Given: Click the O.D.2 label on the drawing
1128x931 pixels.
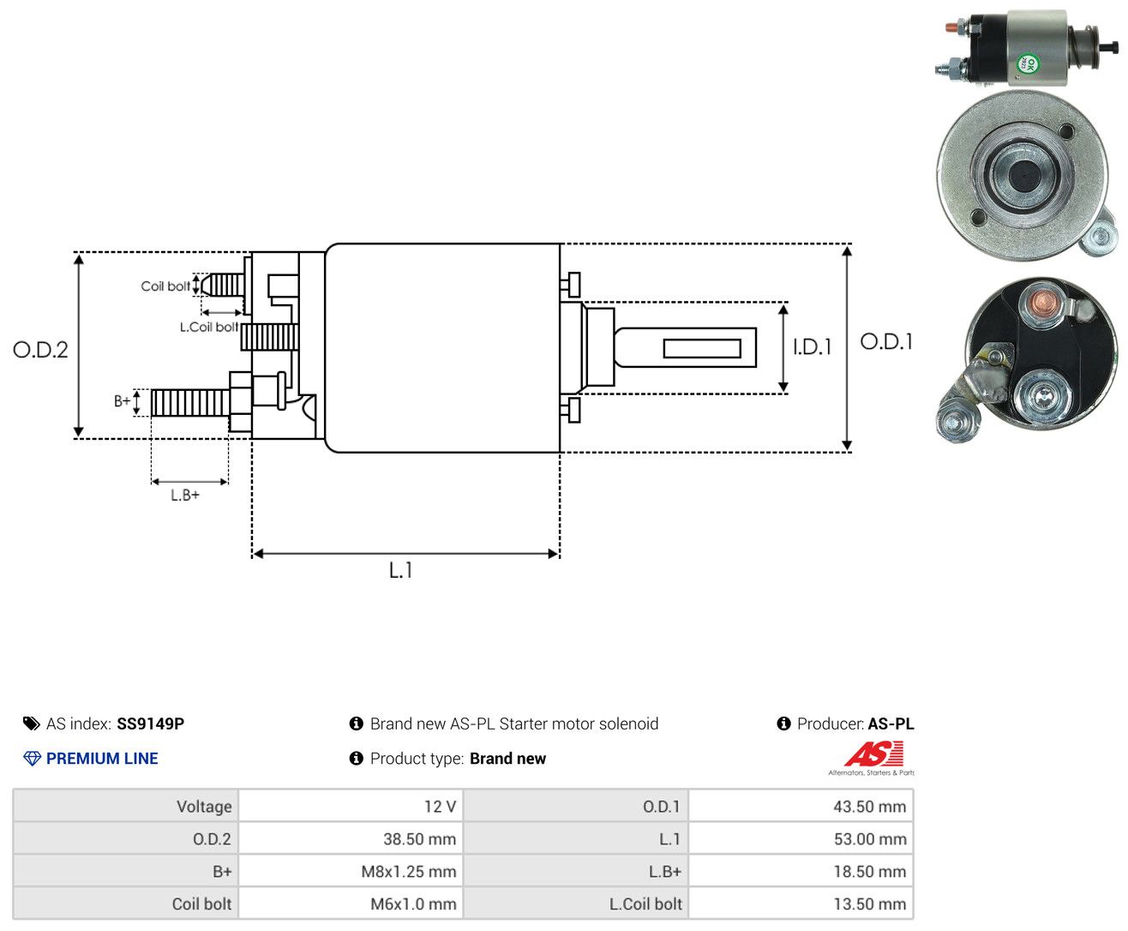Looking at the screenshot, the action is [40, 350].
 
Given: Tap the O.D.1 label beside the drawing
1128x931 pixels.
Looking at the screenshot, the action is [886, 341].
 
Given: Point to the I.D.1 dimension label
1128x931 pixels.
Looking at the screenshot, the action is [812, 347].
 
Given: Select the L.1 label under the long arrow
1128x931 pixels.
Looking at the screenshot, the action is [400, 570].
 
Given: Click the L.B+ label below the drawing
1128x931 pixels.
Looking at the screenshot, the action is [185, 495].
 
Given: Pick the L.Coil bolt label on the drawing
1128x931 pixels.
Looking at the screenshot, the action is [208, 327].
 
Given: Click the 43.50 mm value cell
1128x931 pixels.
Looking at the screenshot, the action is [801, 806].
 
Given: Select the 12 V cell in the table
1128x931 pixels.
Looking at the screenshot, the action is [351, 806].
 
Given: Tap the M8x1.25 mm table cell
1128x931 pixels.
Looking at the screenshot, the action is [351, 871].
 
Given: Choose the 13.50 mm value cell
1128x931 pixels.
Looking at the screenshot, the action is [801, 904].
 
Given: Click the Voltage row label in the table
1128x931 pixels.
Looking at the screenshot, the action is [204, 806].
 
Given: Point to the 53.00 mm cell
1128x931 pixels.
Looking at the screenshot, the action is [801, 838].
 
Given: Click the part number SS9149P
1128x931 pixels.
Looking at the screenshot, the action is [150, 724].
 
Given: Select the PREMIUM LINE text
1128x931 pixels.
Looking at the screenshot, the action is [102, 758].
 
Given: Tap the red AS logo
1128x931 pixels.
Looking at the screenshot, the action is [873, 754].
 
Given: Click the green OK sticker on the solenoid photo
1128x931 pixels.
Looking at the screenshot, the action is [1028, 63].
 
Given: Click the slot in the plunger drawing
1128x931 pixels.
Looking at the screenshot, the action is [702, 349].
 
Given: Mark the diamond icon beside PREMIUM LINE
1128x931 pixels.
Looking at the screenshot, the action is [32, 758].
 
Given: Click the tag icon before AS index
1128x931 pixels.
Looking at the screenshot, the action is [32, 724].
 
